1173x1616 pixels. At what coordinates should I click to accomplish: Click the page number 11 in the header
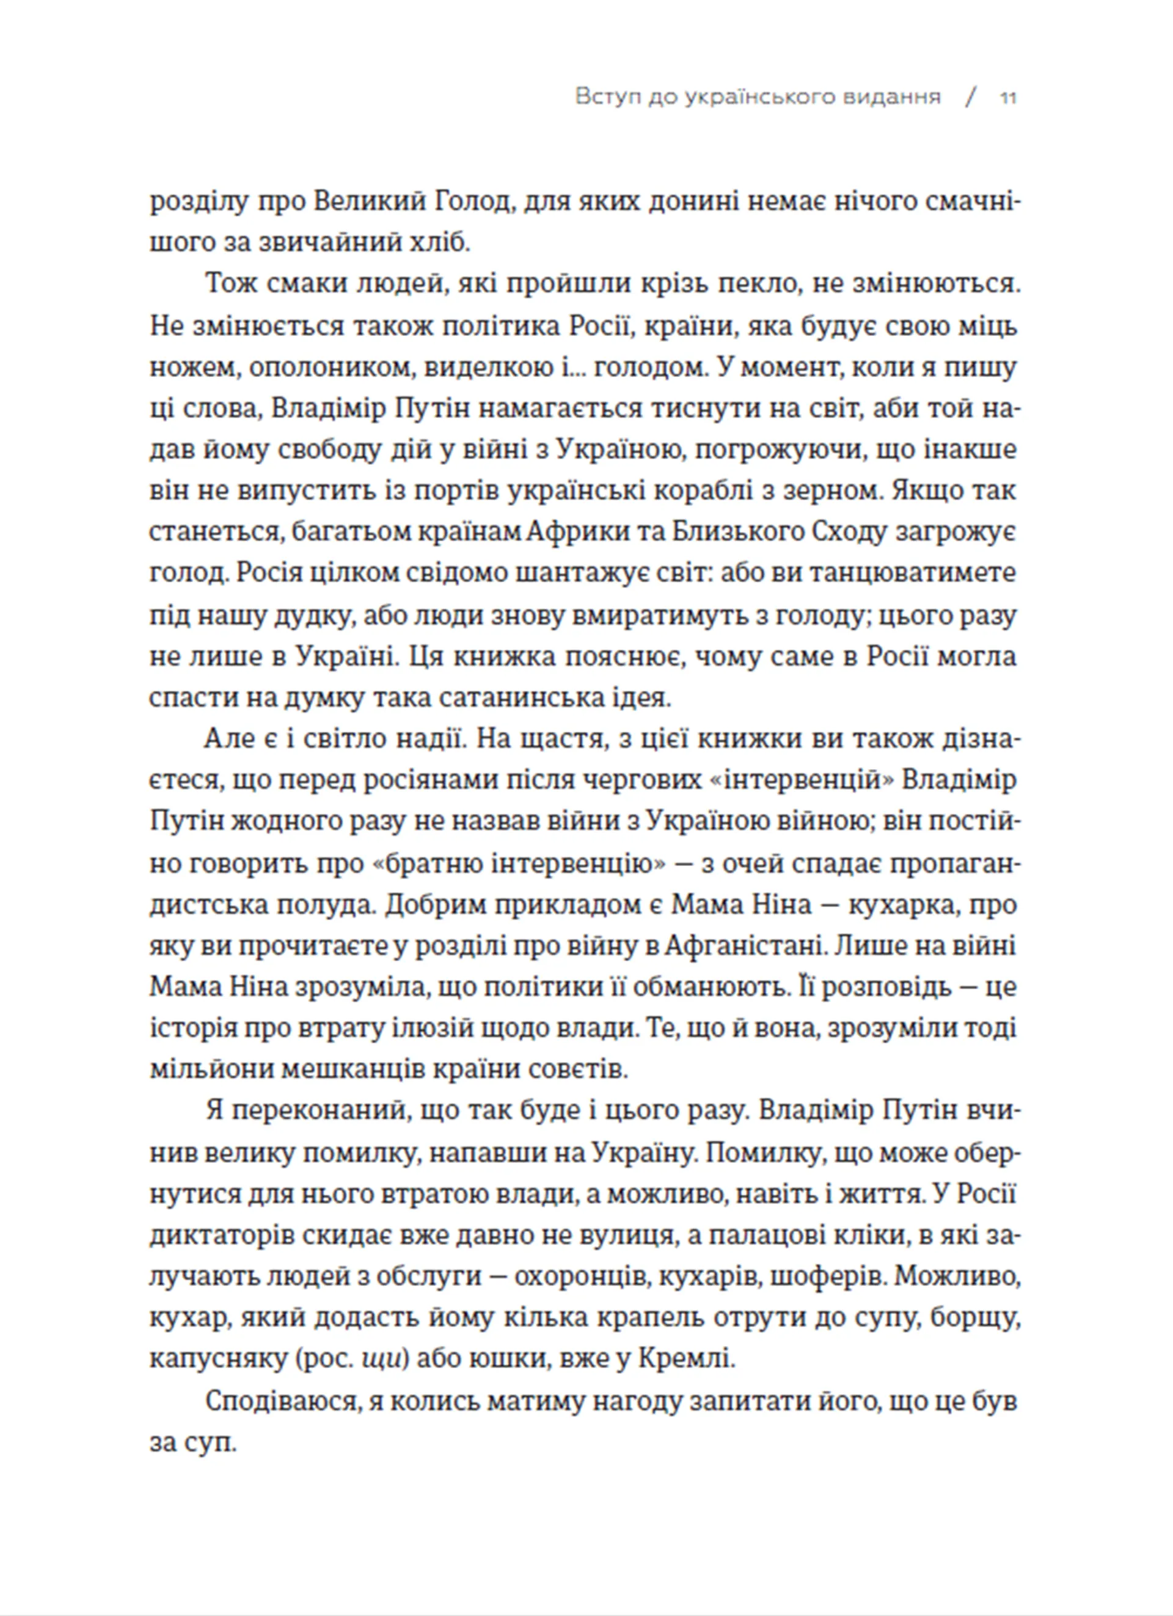point(1007,98)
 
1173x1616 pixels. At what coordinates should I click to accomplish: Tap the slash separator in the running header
point(970,98)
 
